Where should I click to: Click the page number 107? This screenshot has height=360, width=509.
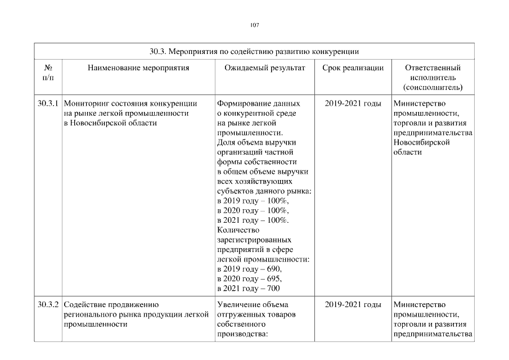tap(254, 25)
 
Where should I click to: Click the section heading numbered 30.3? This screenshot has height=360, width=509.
tap(254, 51)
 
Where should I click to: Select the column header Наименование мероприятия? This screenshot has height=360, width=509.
tap(138, 68)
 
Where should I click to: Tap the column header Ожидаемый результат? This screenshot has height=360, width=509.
tap(264, 68)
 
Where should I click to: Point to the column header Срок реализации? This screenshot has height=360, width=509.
tap(353, 68)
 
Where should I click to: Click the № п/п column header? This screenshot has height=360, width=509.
tap(48, 73)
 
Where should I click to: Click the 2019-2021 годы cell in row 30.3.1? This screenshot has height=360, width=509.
tap(353, 103)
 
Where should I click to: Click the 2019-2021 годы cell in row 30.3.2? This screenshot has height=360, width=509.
tap(353, 304)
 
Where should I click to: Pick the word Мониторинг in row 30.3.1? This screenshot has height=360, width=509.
tap(85, 103)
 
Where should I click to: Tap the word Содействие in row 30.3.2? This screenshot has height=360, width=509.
tap(84, 304)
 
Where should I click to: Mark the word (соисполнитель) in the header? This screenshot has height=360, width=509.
tap(433, 88)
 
